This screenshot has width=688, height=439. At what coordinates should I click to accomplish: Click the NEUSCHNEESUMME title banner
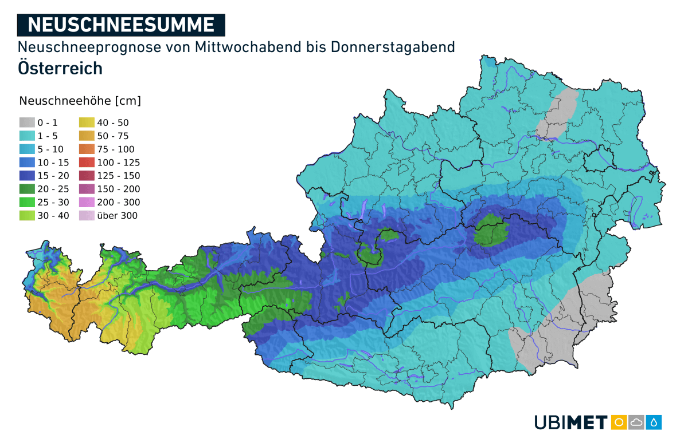(x=121, y=25)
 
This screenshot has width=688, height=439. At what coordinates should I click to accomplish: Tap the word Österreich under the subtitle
(x=60, y=68)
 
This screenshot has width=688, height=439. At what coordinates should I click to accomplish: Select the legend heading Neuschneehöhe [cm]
(x=80, y=101)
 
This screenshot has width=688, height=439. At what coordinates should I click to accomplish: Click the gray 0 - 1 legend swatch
(x=26, y=122)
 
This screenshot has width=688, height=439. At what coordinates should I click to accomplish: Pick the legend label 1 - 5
(x=48, y=136)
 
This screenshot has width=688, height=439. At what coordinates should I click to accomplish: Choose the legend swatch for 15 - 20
(x=26, y=176)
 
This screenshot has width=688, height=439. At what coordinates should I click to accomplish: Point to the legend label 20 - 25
(x=50, y=189)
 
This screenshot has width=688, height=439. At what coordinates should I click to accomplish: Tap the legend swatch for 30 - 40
(x=26, y=216)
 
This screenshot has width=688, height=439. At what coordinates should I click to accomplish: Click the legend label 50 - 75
(x=113, y=136)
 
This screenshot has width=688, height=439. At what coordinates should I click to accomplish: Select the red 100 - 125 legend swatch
(x=87, y=163)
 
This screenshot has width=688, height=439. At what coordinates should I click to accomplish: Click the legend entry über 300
(x=117, y=216)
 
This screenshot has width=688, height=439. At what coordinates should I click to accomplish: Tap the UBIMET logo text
(x=570, y=422)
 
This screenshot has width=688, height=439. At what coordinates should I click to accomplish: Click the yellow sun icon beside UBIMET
(x=619, y=422)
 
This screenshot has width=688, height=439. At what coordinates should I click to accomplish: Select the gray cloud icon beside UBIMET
(x=636, y=422)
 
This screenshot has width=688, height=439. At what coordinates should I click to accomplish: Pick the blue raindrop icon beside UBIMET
(x=654, y=422)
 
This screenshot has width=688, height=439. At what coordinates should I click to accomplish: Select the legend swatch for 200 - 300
(x=87, y=203)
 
